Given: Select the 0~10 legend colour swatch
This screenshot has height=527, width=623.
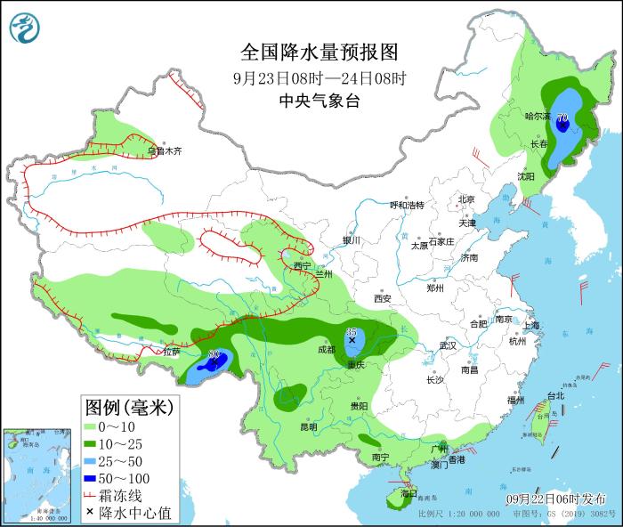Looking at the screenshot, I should coord(93,427).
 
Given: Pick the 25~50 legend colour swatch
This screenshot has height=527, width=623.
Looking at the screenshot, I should coord(93,461).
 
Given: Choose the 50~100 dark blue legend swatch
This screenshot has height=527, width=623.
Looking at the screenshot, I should coord(93,478).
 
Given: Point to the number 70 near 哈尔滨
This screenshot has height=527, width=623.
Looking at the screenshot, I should coord(562,117).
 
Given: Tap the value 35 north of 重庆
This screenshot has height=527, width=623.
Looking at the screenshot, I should coord(351,331).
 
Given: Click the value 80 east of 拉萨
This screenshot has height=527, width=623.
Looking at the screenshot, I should coord(214,355).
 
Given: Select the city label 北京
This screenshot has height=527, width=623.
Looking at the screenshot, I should coord(466,199).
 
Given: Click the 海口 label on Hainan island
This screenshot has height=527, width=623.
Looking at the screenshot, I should coord(409,492).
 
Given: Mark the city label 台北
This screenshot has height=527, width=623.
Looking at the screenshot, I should coord(554,395).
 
